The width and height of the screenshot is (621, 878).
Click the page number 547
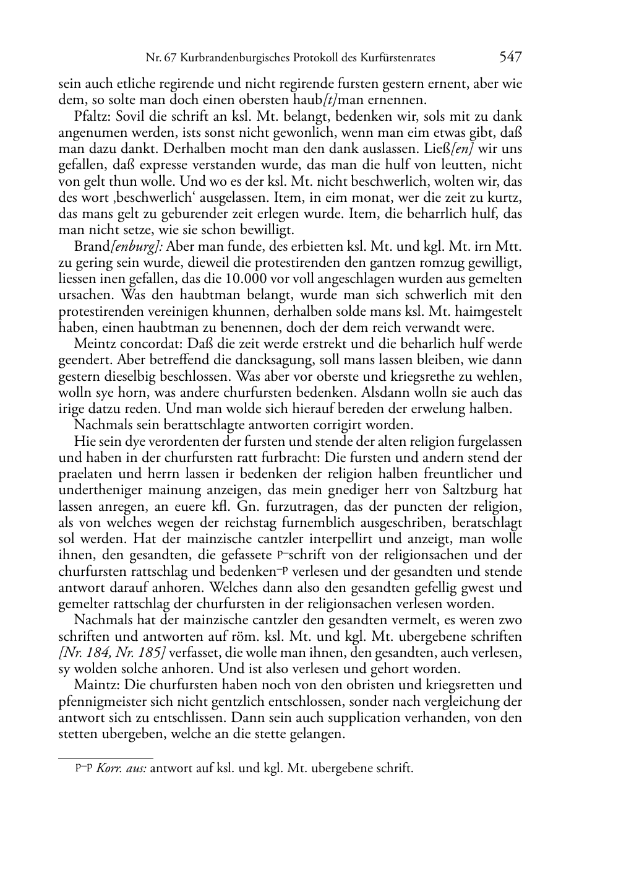[510, 58]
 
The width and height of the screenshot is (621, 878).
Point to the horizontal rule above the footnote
[105, 758]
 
